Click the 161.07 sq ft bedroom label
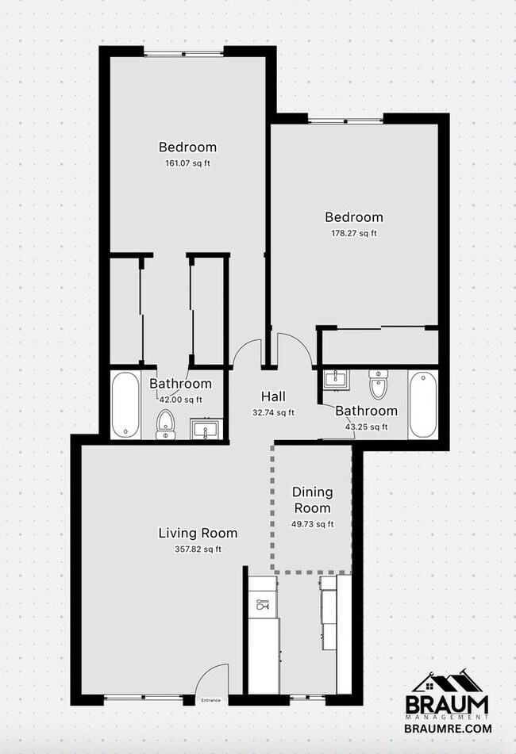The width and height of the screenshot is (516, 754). (187, 147)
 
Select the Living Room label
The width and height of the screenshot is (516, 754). (198, 533)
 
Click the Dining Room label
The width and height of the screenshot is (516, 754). (312, 500)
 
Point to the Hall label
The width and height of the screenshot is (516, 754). (273, 396)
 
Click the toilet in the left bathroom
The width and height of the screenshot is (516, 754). (166, 423)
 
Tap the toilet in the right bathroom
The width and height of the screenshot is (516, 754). (378, 385)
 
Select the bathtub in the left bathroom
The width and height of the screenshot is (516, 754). (125, 405)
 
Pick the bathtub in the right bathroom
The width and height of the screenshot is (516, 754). (422, 404)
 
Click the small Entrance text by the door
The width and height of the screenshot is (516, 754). (210, 700)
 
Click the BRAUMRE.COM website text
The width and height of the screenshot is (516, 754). (449, 728)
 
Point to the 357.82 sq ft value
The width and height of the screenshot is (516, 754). (198, 549)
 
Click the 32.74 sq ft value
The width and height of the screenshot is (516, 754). (273, 412)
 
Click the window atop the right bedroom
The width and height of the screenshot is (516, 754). (345, 120)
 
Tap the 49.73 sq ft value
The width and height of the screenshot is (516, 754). (312, 523)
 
